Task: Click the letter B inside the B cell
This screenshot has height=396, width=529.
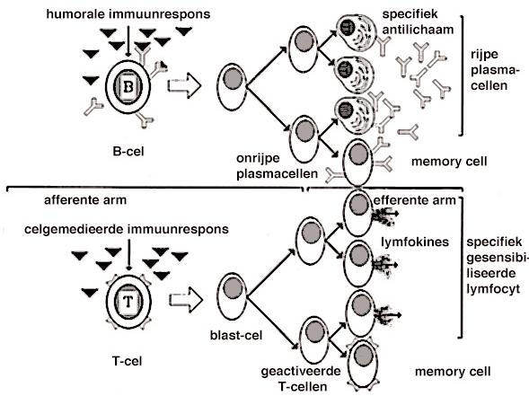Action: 128,87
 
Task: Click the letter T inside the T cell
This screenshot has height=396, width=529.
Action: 128,301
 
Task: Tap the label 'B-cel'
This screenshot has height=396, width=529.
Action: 128,152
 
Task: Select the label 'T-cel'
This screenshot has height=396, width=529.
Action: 128,361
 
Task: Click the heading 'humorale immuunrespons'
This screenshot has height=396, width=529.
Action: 128,14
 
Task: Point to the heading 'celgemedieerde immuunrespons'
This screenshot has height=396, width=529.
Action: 127,229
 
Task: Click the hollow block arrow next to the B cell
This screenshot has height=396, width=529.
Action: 184,85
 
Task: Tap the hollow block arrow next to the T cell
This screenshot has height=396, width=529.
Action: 186,300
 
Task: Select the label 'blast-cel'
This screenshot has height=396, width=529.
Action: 236,335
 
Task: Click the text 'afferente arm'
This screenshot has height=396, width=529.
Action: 85,200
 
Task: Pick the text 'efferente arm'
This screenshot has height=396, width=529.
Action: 415,200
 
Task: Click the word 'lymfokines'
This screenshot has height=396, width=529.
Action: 415,242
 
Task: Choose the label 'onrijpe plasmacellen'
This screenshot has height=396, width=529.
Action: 277,166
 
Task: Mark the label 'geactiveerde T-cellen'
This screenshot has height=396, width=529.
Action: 301,379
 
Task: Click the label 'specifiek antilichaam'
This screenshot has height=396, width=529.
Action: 418,22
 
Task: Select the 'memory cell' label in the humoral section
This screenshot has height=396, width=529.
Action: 449,162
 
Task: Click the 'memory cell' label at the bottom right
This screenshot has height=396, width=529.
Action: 453,372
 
